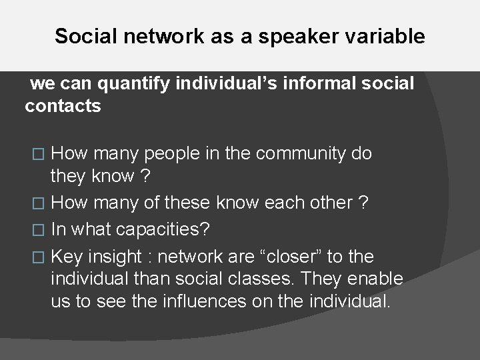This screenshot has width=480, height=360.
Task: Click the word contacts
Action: point(63,106)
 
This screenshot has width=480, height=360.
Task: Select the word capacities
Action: point(163,229)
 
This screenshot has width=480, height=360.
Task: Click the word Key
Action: point(66,257)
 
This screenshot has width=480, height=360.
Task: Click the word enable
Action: point(378,279)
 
